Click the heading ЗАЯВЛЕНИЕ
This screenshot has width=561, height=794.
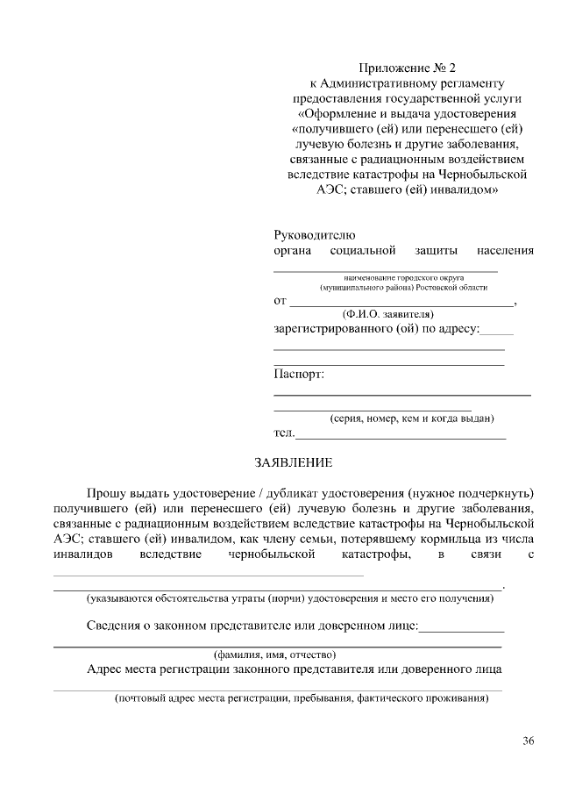(293, 461)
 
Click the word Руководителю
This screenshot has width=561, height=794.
(314, 235)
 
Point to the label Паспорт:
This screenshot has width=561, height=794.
(299, 375)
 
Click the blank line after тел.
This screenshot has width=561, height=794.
(401, 435)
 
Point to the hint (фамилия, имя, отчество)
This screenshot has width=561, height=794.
(275, 654)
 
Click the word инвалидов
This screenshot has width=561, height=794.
(82, 555)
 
